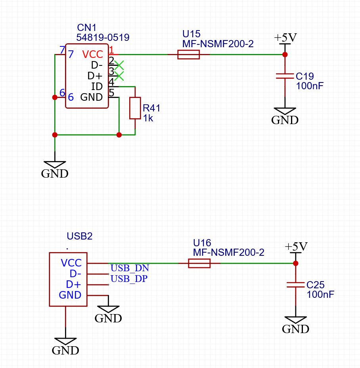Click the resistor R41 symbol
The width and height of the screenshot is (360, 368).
point(135,108)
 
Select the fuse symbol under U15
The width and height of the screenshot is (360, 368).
point(188,54)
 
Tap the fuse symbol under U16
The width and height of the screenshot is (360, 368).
point(199,263)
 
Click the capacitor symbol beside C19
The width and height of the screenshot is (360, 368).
point(285,76)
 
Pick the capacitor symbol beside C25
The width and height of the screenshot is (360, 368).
point(295,284)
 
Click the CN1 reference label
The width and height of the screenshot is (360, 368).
point(87,28)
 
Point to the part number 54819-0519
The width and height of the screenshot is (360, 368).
point(103,38)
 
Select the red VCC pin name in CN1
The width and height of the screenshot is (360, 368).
point(92,54)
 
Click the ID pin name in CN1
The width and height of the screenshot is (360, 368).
point(97,86)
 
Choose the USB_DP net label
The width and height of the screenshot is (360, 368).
point(129,279)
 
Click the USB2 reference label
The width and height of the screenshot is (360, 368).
point(79,236)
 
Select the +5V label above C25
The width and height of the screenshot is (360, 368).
point(296,247)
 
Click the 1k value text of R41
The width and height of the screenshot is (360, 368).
point(148,118)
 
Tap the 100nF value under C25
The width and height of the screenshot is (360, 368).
point(320,295)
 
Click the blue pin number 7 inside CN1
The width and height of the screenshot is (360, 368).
point(71,54)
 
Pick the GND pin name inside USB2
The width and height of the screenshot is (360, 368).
point(70,295)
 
